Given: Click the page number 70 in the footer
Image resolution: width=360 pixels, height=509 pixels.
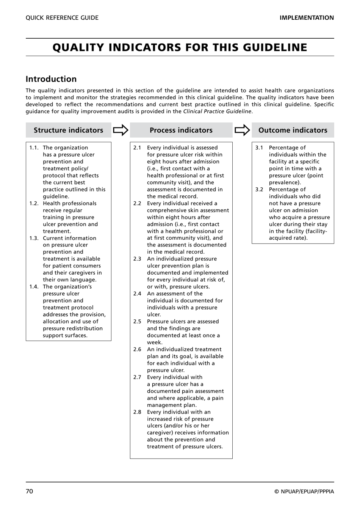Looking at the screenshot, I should pyautogui.click(x=30, y=492).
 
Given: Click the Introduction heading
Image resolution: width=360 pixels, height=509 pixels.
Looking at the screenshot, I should pyautogui.click(x=51, y=79).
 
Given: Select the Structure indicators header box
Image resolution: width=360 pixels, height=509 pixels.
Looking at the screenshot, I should pyautogui.click(x=68, y=130).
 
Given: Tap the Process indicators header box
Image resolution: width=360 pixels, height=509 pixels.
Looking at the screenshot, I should pyautogui.click(x=181, y=130).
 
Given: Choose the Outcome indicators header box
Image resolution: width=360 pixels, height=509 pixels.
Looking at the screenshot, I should pyautogui.click(x=293, y=130).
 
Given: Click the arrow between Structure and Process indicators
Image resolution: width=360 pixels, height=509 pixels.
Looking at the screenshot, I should pyautogui.click(x=121, y=130).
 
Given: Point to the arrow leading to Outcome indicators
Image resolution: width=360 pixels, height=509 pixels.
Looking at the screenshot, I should pyautogui.click(x=242, y=130).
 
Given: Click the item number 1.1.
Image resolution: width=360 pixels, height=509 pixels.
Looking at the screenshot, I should pyautogui.click(x=34, y=148).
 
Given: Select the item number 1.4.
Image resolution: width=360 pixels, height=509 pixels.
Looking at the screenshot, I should pyautogui.click(x=34, y=287).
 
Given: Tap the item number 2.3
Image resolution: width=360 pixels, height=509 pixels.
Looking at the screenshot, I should pyautogui.click(x=137, y=259).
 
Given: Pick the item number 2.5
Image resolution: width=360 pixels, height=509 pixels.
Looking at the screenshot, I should pyautogui.click(x=137, y=321).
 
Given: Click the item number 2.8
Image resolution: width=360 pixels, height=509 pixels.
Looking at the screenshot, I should pyautogui.click(x=137, y=412).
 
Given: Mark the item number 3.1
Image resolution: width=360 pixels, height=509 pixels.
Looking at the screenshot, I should pyautogui.click(x=259, y=148).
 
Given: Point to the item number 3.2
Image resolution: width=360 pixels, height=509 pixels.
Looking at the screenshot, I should pyautogui.click(x=259, y=189).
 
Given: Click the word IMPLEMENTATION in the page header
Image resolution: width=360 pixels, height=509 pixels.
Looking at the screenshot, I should pyautogui.click(x=307, y=18).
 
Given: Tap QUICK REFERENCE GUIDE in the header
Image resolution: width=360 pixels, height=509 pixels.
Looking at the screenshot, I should pyautogui.click(x=62, y=18).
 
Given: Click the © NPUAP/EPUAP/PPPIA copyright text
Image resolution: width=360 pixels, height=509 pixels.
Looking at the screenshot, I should pyautogui.click(x=304, y=492).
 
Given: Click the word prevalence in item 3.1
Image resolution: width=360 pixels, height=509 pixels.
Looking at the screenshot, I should pyautogui.click(x=284, y=182).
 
